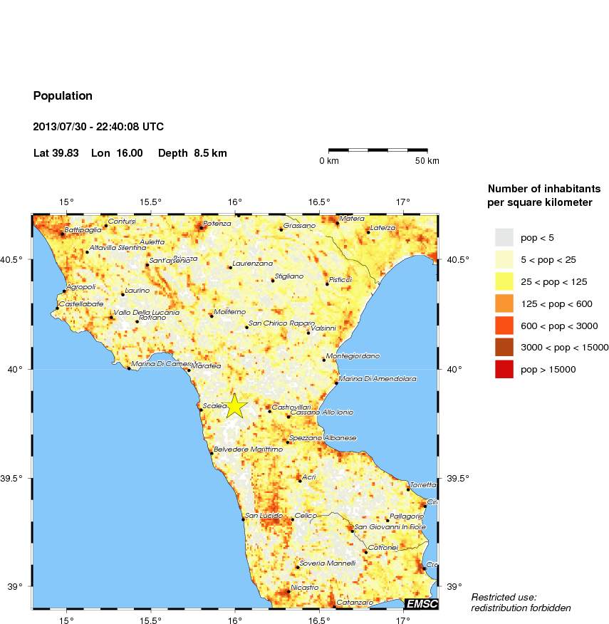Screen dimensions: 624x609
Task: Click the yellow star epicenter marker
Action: [236, 406]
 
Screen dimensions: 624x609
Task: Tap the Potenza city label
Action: [217, 224]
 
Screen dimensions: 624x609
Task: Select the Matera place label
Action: [352, 219]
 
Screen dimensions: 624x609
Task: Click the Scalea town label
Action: [214, 405]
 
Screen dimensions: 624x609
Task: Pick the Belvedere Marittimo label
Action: [248, 449]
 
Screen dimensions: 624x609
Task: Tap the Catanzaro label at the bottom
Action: [354, 603]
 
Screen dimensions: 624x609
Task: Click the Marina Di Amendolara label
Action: [377, 379]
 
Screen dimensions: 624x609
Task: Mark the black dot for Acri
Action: [300, 481]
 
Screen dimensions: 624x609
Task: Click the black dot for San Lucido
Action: [243, 519]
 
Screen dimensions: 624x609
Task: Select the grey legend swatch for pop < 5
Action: [504, 237]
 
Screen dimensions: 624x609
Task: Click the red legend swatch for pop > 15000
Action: [504, 369]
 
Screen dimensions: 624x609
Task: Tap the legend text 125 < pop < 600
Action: [556, 304]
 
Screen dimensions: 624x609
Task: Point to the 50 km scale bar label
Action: [427, 161]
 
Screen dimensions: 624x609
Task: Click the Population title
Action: [63, 95]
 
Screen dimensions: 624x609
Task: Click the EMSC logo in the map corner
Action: [421, 604]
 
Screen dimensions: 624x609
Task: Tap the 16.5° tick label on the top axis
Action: [319, 201]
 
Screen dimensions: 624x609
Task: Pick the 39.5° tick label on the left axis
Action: [16, 478]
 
